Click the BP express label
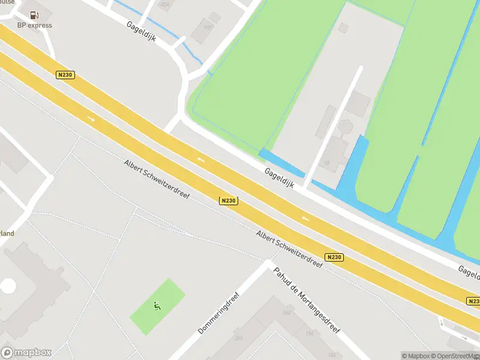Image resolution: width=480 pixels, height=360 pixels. (x=34, y=25)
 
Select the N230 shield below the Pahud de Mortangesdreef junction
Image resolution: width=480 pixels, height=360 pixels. (x=334, y=257)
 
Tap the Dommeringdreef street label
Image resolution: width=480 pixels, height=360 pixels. (x=218, y=314)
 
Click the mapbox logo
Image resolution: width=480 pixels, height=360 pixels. (x=26, y=353)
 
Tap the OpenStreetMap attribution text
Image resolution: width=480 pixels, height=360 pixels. (x=456, y=356)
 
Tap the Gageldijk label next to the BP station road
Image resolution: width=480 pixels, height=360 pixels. (x=142, y=31)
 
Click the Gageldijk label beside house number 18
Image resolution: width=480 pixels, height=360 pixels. (x=280, y=178)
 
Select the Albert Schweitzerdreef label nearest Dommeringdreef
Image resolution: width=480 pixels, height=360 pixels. (x=289, y=248)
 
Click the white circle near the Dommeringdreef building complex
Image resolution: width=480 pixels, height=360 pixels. (x=8, y=286)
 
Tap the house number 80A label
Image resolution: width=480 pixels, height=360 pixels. (x=164, y=5)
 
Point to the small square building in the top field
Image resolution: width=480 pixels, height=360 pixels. (x=344, y=28)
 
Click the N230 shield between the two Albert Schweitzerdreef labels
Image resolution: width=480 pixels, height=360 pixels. (x=228, y=201)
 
